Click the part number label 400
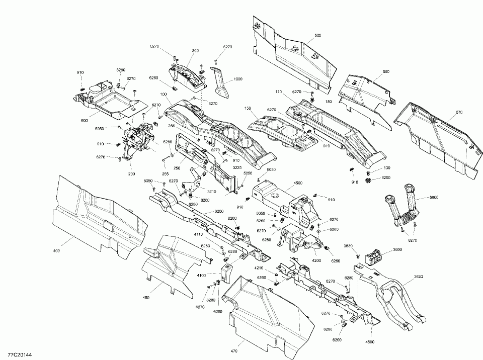coord(56,250)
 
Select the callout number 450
coord(146,298)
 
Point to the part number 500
coord(317,35)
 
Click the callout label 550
coord(386,72)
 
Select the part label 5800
coord(434,198)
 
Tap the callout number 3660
coord(397,250)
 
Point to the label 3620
coord(418,277)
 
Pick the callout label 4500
coord(297,183)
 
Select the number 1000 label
coord(238,79)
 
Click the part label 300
coord(195,51)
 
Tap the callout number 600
coord(84,120)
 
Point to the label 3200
coord(219,211)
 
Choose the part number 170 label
coord(278,92)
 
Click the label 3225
coord(237,166)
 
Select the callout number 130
coord(387,167)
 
